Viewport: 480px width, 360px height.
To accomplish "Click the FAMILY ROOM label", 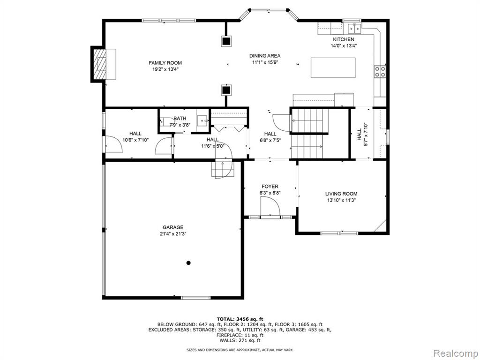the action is pos(165,63).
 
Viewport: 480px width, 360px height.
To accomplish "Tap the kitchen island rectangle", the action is pos(333,67).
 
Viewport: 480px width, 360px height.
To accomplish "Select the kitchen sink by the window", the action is pos(354,29).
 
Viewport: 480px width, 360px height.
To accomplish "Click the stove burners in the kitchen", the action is pos(380,72).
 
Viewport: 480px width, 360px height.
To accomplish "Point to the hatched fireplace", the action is pos(99,64).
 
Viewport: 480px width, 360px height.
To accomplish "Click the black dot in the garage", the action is pos(188,262).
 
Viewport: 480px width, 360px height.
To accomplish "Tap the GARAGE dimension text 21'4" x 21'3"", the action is pos(173,234).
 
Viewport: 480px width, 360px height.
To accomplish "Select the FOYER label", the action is pos(270,187).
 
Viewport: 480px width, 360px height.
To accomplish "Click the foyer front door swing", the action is pos(270,207).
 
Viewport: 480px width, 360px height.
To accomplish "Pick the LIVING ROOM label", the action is pos(341,194).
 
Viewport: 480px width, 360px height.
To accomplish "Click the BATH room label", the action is pos(180,119).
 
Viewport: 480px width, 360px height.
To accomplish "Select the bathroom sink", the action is pos(202,120).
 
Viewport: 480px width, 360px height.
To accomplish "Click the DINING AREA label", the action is pos(265,56).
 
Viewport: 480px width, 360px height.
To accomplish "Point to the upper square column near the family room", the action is pos(226,41).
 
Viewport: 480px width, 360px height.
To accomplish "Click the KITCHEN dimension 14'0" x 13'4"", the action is pos(344,46).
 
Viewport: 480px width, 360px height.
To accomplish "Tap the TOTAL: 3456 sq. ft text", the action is pos(240,319).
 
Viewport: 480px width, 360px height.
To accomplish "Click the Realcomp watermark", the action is pos(455,353).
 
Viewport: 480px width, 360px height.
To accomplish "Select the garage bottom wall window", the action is pos(195,297).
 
